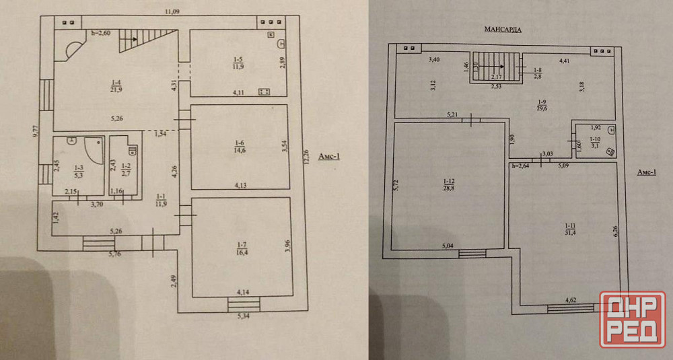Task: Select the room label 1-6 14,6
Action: [239, 147]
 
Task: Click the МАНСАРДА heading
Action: [503, 30]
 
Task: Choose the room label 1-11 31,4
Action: [569, 229]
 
